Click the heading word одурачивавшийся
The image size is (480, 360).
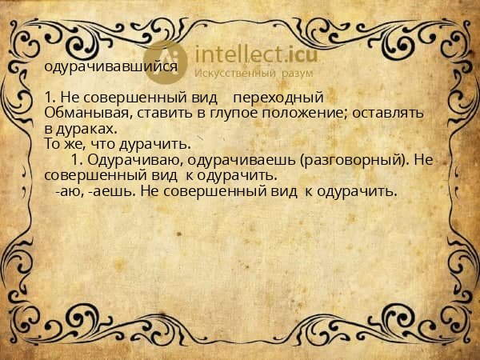pos(110,67)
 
